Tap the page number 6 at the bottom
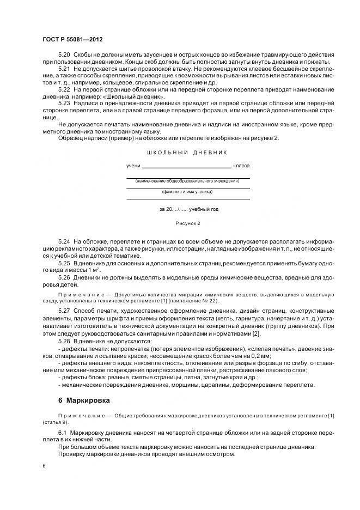pyautogui.click(x=44, y=466)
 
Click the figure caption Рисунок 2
pyautogui.click(x=188, y=223)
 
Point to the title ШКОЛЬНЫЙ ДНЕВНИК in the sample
pyautogui.click(x=188, y=153)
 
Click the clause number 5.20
pyautogui.click(x=64, y=55)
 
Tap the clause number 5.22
pyautogui.click(x=64, y=88)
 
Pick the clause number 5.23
pyautogui.click(x=64, y=102)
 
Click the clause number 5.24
pyautogui.click(x=64, y=240)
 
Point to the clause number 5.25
pyautogui.click(x=64, y=263)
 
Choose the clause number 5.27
pyautogui.click(x=64, y=311)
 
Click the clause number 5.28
pyautogui.click(x=64, y=340)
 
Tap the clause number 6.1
pyautogui.click(x=63, y=432)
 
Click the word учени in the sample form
pyautogui.click(x=133, y=165)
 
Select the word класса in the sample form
pyautogui.click(x=242, y=165)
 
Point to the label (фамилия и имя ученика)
pyautogui.click(x=188, y=192)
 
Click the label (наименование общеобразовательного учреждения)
pyautogui.click(x=188, y=180)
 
